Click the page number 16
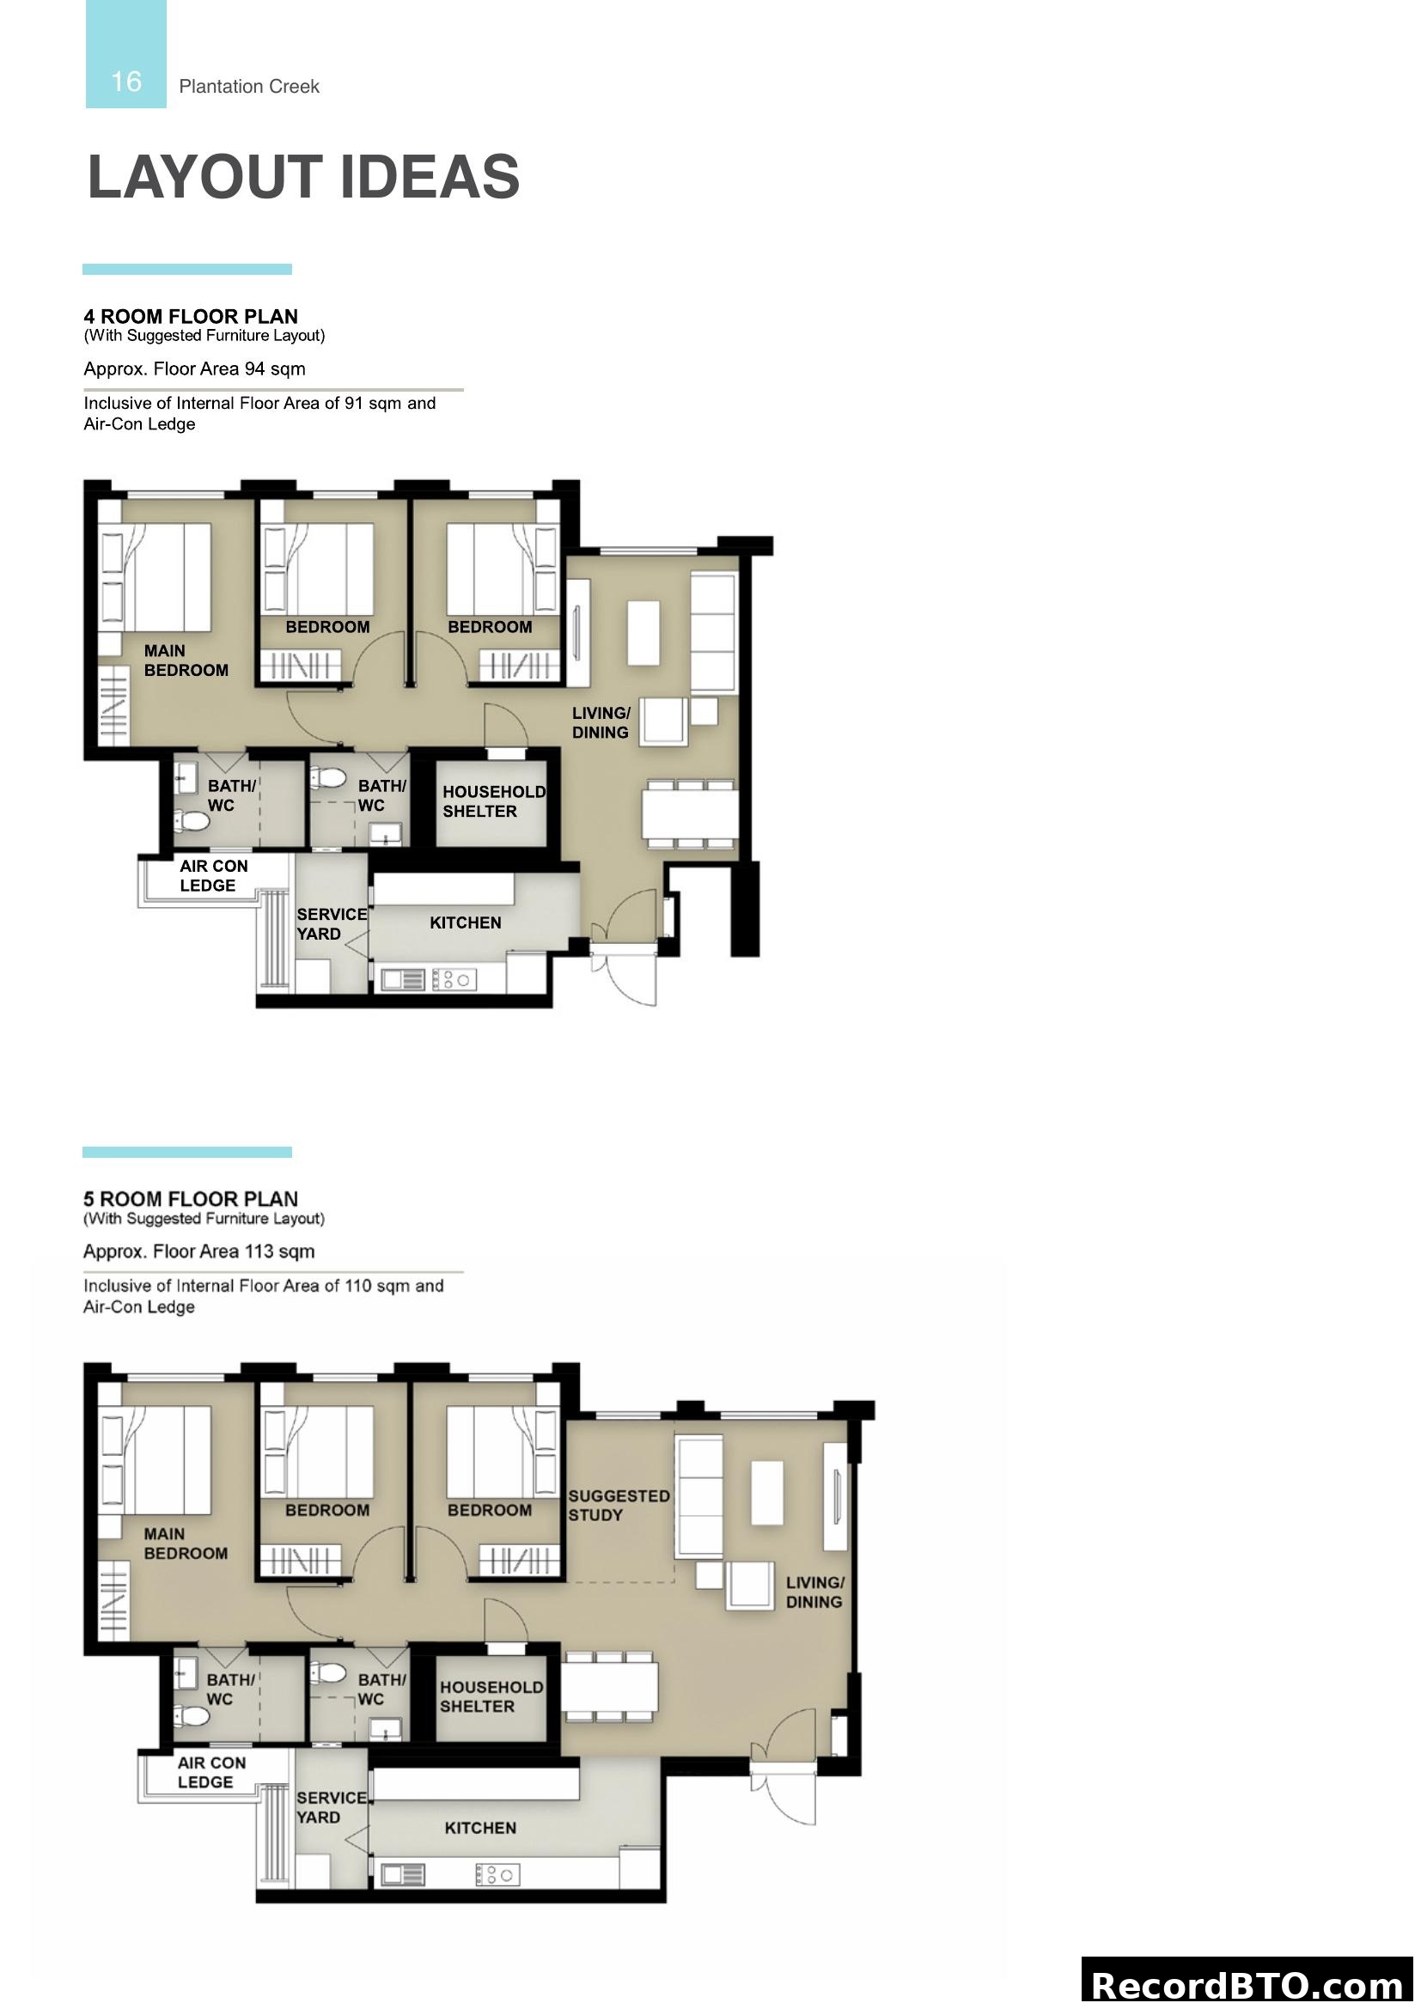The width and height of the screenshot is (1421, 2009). point(126,82)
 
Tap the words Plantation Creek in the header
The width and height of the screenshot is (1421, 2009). point(248,87)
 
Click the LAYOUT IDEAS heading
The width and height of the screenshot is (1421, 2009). point(302,177)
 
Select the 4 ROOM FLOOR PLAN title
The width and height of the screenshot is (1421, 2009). point(191,316)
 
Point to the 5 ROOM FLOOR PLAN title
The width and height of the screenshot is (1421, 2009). point(191,1199)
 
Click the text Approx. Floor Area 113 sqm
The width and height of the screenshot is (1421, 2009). point(198,1251)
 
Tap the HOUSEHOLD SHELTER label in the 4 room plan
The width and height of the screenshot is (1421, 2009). point(492,801)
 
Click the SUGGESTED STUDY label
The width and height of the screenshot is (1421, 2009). point(619,1505)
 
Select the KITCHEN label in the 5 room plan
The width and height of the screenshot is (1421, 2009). point(480,1828)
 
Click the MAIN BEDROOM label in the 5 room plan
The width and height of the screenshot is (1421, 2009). point(186,1543)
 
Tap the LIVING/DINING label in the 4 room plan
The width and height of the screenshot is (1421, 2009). point(601,722)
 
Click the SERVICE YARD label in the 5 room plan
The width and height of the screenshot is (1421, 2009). point(331,1807)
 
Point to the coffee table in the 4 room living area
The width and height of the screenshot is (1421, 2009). point(643,633)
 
